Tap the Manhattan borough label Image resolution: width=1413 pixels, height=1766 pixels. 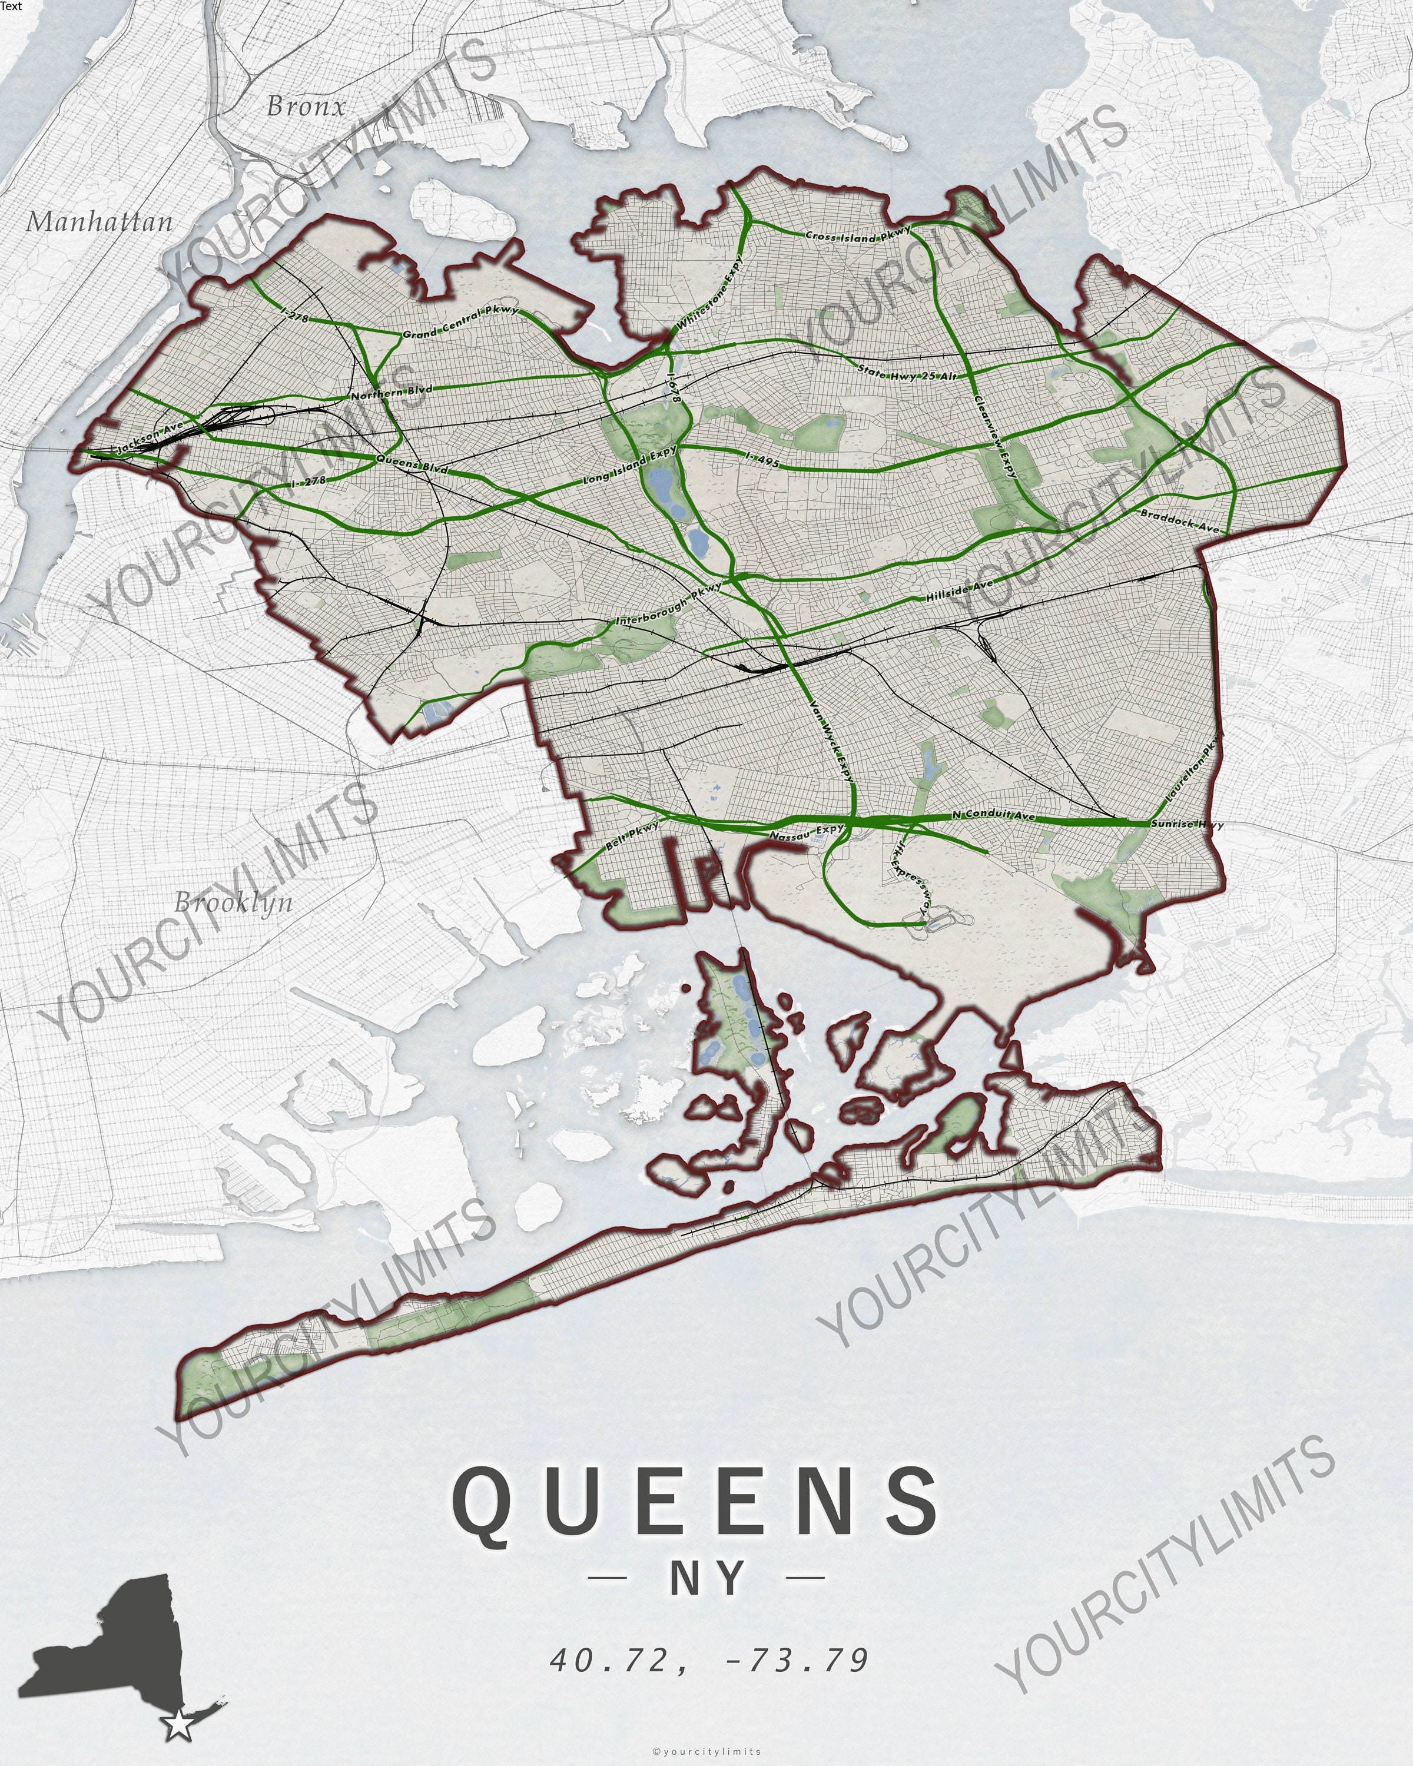pyautogui.click(x=100, y=222)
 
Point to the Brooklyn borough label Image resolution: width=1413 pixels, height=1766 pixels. pyautogui.click(x=234, y=902)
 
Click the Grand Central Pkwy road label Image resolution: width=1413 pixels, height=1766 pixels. pyautogui.click(x=460, y=323)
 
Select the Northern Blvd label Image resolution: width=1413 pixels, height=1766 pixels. pyautogui.click(x=391, y=393)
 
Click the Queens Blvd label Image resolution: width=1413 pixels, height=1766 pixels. pyautogui.click(x=412, y=464)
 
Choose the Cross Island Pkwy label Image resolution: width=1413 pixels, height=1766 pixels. pyautogui.click(x=858, y=234)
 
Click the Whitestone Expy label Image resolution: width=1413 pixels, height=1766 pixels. pyautogui.click(x=710, y=294)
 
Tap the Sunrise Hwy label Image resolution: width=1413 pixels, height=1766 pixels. pyautogui.click(x=1187, y=824)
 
